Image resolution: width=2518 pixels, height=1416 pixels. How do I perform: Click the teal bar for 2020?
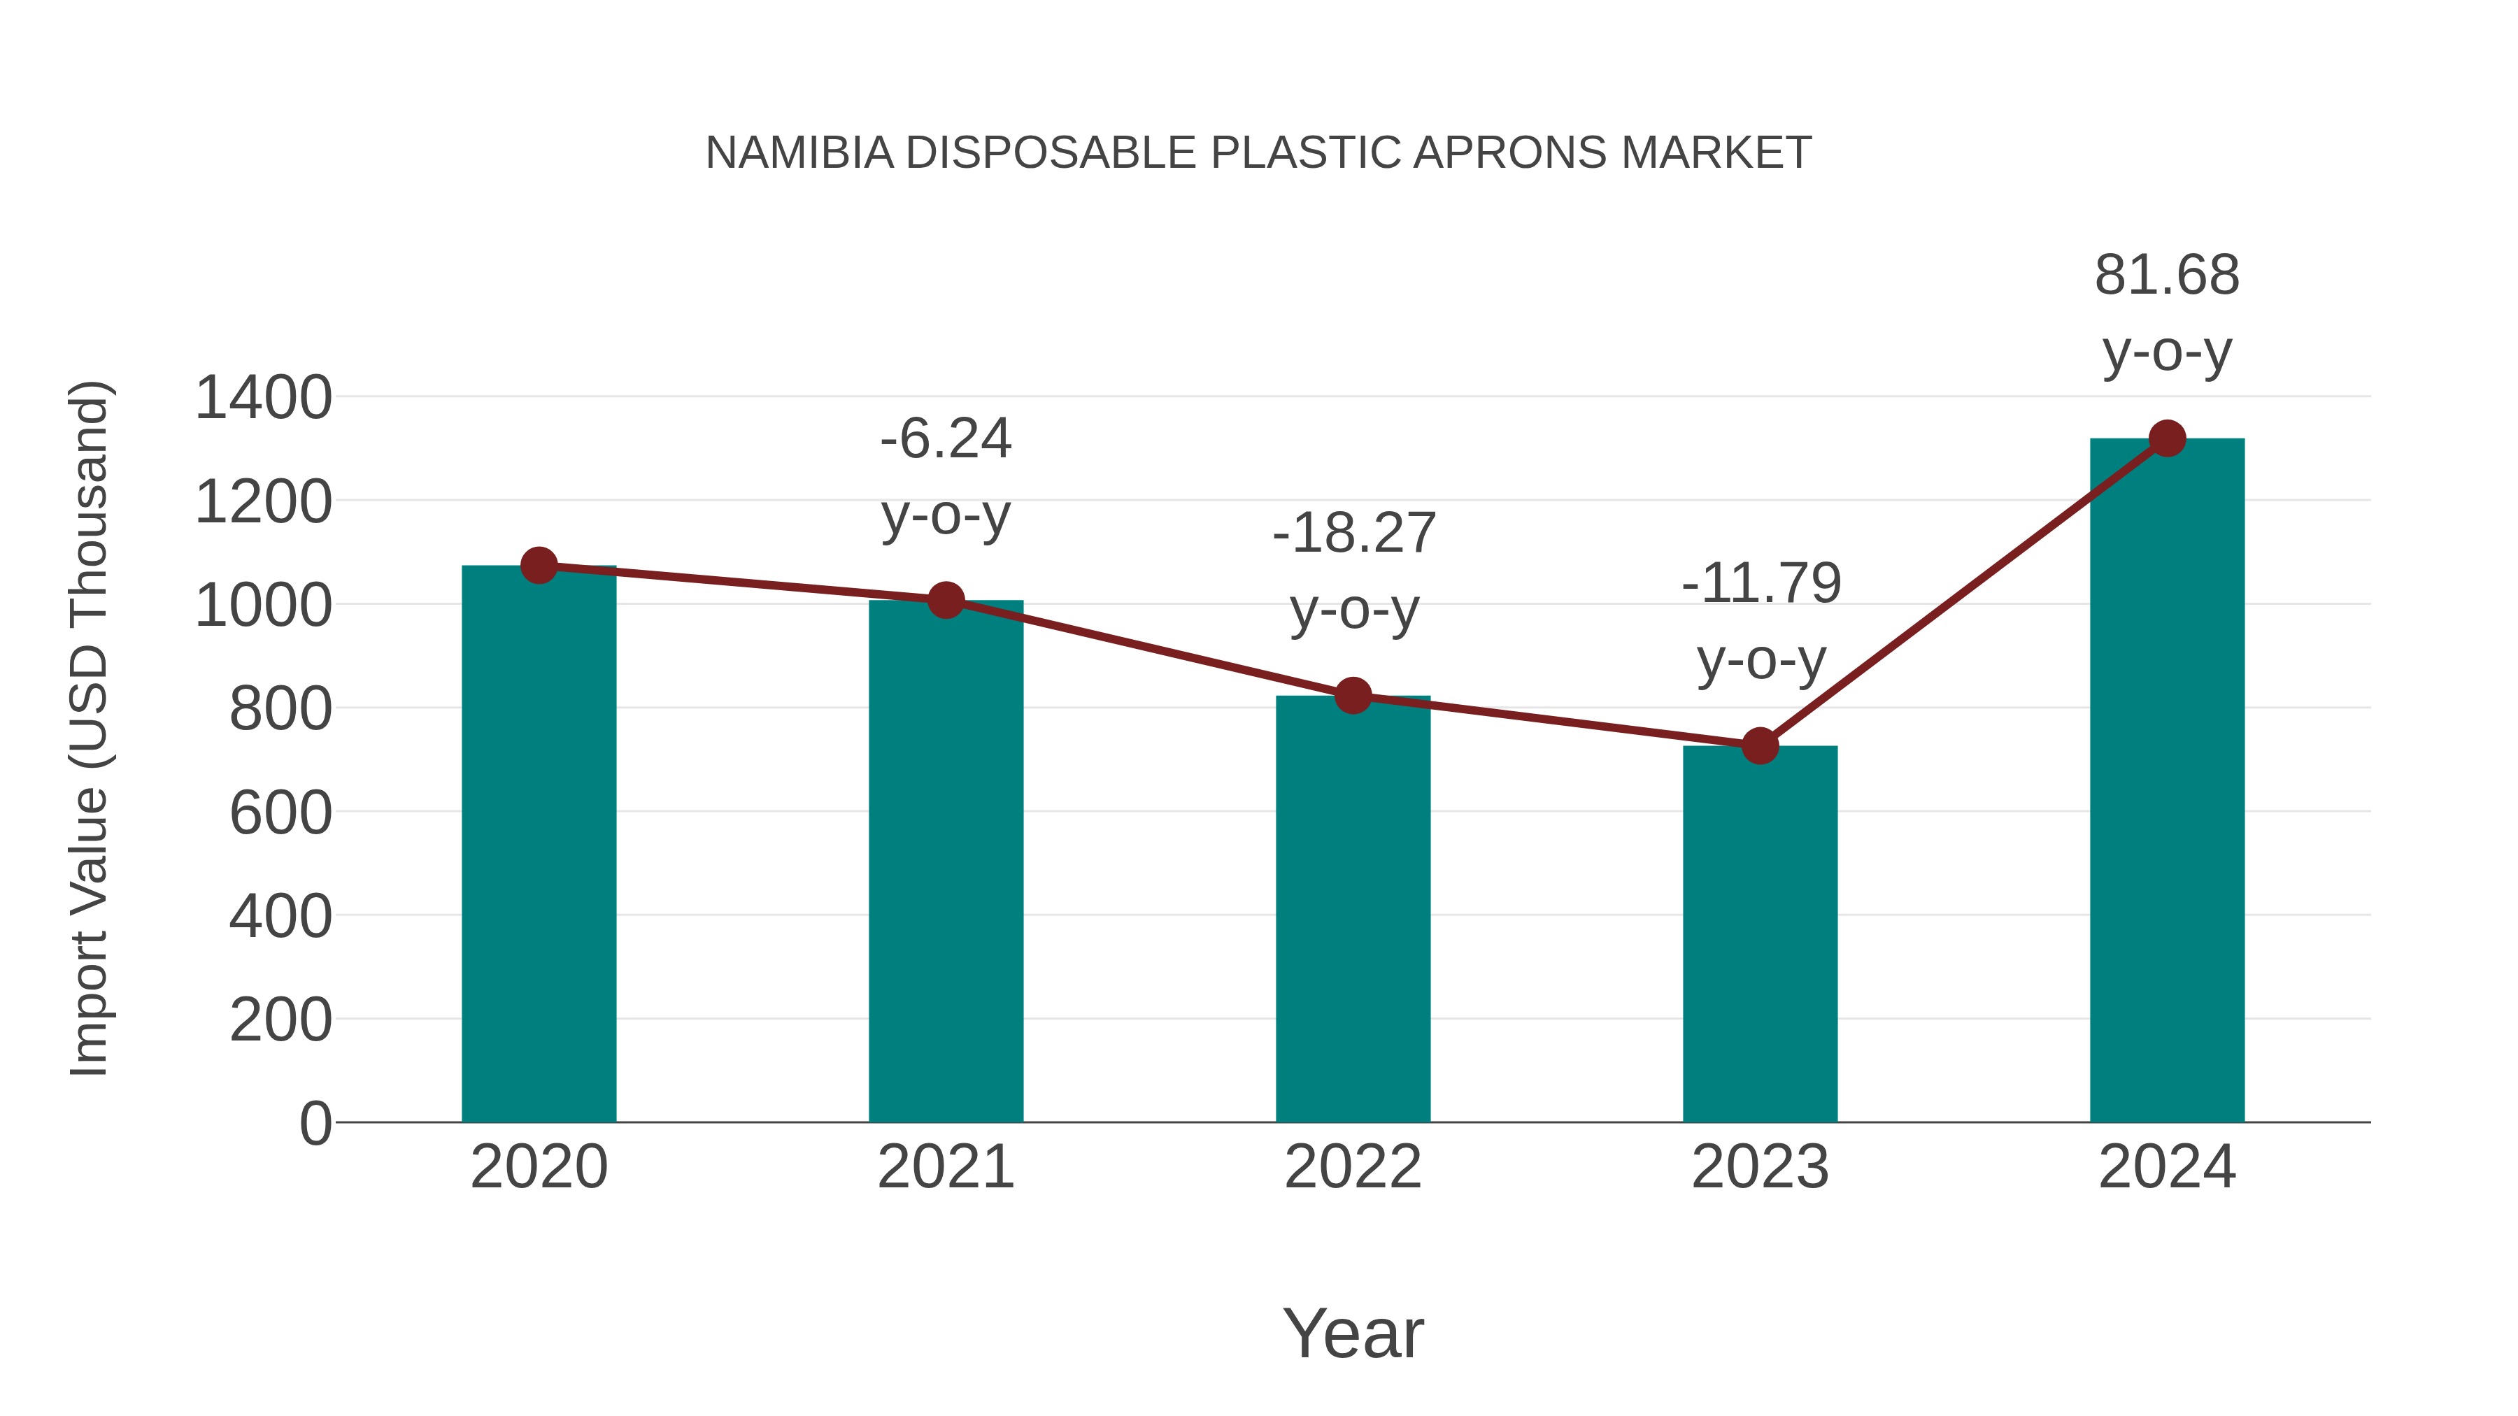[x=539, y=850]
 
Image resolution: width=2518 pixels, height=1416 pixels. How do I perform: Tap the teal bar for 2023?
[x=1760, y=938]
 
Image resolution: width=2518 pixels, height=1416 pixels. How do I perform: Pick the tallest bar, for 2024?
[x=2167, y=782]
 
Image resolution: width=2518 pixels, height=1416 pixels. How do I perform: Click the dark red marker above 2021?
[x=945, y=600]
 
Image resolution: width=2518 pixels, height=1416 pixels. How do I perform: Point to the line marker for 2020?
[x=539, y=565]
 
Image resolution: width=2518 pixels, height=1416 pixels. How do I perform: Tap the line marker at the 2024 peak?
[x=2167, y=438]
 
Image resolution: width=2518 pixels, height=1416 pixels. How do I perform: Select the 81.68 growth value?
[x=2166, y=276]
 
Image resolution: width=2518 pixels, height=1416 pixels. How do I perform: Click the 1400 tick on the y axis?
[x=263, y=399]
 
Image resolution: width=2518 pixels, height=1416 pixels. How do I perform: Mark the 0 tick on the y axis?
[x=315, y=1124]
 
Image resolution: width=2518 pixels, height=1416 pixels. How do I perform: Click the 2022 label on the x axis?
[x=1353, y=1167]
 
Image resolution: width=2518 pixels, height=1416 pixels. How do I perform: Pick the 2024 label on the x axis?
[x=2167, y=1167]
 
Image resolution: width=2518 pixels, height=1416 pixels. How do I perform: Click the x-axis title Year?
[x=1353, y=1333]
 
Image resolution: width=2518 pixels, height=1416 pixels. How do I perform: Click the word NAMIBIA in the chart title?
[x=799, y=153]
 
